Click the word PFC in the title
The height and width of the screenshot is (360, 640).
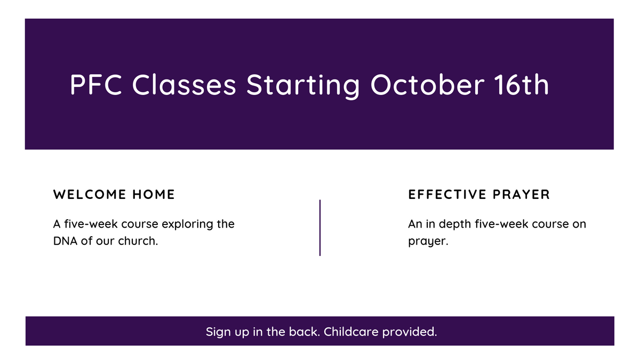[x=96, y=84]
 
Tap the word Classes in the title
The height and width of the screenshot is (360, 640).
[x=184, y=84]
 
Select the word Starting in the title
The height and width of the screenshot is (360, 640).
[x=303, y=86]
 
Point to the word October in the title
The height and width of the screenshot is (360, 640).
[x=427, y=84]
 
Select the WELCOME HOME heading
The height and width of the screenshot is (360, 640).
[x=114, y=194]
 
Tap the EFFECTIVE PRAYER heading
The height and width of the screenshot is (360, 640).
[x=479, y=194]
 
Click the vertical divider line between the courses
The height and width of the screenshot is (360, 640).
[x=320, y=228]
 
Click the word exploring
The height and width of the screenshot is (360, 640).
[x=187, y=225]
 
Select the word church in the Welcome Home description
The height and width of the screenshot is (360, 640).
[x=137, y=241]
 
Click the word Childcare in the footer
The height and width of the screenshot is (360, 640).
[x=351, y=332]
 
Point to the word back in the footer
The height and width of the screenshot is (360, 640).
[x=303, y=332]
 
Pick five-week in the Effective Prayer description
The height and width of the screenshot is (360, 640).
[x=502, y=224]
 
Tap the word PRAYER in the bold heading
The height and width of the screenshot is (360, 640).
[x=521, y=194]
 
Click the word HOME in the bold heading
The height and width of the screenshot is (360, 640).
[x=154, y=194]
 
